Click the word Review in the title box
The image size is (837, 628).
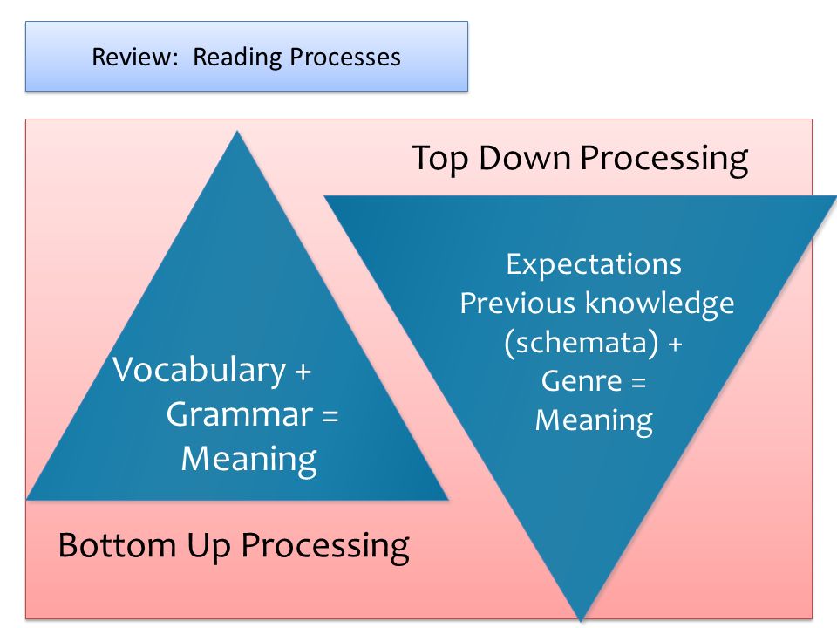[x=134, y=57]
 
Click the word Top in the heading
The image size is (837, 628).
[x=441, y=159]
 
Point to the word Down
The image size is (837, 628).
[x=525, y=158]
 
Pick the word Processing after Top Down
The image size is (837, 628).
[x=664, y=159]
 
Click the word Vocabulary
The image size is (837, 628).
[x=200, y=370]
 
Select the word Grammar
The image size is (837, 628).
[x=240, y=414]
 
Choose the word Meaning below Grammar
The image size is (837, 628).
[x=249, y=460]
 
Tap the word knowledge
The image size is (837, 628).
[x=660, y=304]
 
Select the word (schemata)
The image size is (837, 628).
[x=582, y=342]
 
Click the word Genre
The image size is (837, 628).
[x=582, y=381]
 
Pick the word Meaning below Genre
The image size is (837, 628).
[x=594, y=420]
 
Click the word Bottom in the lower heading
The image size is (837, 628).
[x=117, y=546]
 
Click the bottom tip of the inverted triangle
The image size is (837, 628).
[x=581, y=621]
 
